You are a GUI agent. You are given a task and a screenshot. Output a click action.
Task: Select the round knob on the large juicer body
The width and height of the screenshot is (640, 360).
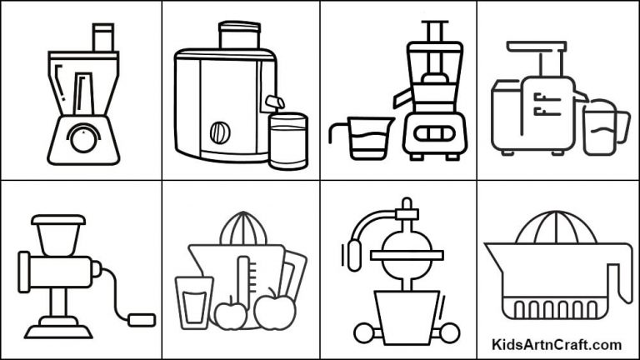[x=220, y=132]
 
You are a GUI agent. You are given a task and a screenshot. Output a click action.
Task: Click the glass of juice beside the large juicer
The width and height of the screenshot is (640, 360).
[x=287, y=142]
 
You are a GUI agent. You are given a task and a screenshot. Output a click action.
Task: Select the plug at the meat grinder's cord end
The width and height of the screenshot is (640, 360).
[x=143, y=317]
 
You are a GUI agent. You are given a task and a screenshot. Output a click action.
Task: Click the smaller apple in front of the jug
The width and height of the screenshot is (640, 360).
[x=231, y=314]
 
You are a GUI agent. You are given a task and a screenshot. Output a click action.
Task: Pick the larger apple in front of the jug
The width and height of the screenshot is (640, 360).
[x=270, y=311]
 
